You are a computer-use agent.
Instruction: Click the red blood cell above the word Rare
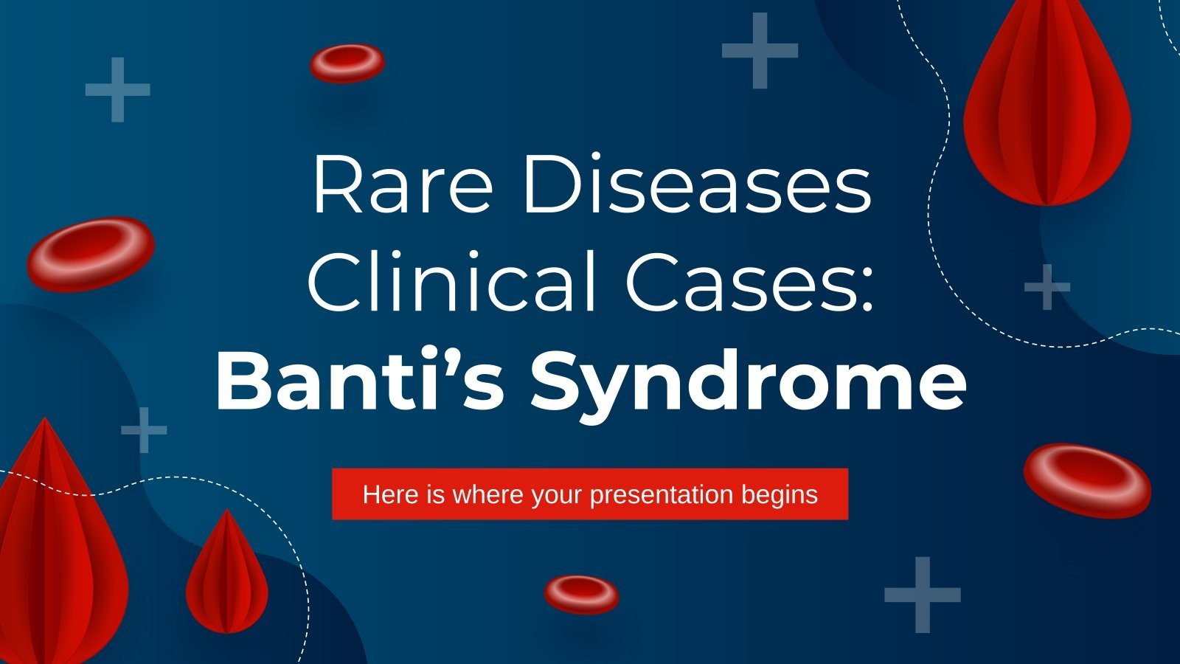tap(347, 63)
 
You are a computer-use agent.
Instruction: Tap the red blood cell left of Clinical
tap(91, 253)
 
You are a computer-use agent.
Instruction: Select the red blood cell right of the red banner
tap(1087, 480)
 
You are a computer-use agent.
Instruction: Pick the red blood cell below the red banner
tap(581, 594)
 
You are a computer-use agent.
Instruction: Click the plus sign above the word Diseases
tap(760, 50)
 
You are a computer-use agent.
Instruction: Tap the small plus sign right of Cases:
tap(1047, 286)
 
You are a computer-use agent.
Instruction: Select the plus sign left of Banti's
tap(144, 429)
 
